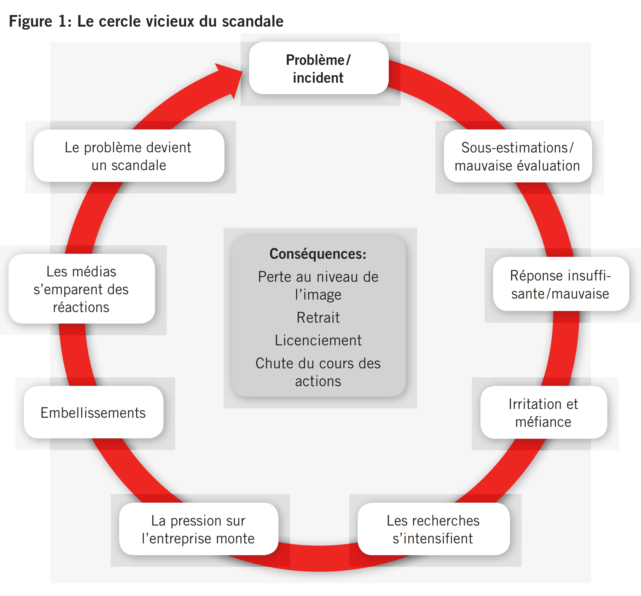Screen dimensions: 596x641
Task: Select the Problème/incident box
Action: click(318, 68)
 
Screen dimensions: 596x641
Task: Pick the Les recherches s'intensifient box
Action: click(433, 529)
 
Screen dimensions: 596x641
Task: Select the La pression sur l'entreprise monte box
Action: click(198, 529)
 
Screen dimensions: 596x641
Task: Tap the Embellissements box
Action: click(93, 413)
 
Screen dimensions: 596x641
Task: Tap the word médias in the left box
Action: click(94, 272)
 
